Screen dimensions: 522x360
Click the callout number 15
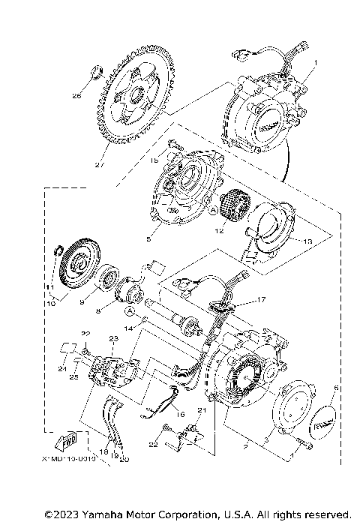coord(152,160)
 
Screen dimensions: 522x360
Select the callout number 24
coord(62,370)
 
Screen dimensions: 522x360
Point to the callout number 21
coord(201,409)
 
